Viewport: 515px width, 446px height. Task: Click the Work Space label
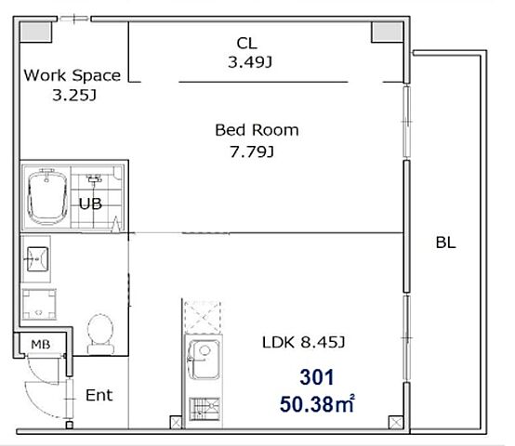click(73, 75)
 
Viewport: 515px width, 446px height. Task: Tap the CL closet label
click(247, 43)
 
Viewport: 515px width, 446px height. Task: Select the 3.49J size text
click(250, 61)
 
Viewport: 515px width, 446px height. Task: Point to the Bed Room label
click(257, 130)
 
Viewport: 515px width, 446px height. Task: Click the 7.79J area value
click(252, 151)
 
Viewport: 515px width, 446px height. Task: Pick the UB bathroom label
click(90, 203)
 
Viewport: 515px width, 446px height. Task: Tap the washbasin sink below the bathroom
click(37, 259)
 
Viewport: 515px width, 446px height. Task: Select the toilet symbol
click(100, 334)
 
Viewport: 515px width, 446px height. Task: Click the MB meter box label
click(41, 345)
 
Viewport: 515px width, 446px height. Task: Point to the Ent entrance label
click(99, 395)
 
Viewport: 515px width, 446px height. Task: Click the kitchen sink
click(204, 360)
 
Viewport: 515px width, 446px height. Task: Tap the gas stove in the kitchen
click(205, 409)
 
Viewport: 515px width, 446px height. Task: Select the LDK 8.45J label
click(303, 342)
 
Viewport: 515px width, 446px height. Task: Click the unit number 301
click(317, 377)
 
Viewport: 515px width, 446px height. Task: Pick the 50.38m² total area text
click(317, 403)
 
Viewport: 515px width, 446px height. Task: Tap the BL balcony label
click(445, 243)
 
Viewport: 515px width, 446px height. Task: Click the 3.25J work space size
click(74, 96)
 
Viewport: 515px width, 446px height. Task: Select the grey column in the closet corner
click(388, 32)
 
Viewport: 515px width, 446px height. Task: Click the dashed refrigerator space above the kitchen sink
click(202, 317)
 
